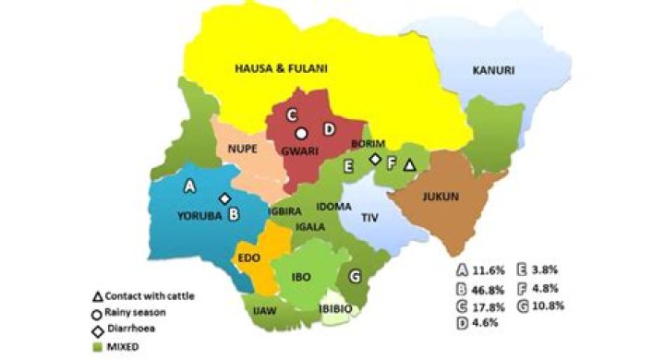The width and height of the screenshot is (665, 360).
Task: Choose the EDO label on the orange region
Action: pyautogui.click(x=249, y=258)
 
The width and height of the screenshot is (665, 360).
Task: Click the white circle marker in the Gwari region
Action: pyautogui.click(x=301, y=133)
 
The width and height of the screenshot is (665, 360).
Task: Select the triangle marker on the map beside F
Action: pyautogui.click(x=410, y=164)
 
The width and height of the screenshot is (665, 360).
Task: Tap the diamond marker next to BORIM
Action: pyautogui.click(x=375, y=160)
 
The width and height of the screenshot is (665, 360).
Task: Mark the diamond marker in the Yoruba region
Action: pyautogui.click(x=224, y=198)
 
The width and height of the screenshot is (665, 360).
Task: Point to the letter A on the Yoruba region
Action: pyautogui.click(x=190, y=186)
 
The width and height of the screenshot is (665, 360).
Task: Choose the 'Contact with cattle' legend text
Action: pyautogui.click(x=153, y=295)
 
